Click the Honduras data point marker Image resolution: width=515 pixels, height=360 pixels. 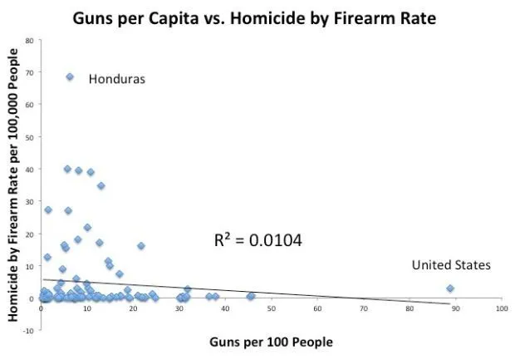(x=70, y=76)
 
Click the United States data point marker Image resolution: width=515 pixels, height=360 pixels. (x=450, y=288)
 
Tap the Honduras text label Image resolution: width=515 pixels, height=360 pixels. (x=117, y=79)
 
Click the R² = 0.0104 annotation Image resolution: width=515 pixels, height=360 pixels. (x=258, y=241)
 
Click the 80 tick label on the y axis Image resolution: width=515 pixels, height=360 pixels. (x=29, y=40)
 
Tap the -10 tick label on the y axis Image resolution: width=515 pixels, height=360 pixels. (x=27, y=330)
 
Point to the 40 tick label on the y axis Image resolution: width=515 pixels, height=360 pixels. (x=29, y=169)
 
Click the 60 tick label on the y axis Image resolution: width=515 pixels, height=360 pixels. (x=29, y=105)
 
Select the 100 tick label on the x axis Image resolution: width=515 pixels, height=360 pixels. (x=500, y=308)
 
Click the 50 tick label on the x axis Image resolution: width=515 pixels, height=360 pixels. (x=272, y=308)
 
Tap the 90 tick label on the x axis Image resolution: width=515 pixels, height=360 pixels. (x=455, y=308)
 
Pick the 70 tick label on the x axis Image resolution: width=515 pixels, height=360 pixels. (x=363, y=308)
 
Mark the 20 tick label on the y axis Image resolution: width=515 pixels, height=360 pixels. (x=29, y=234)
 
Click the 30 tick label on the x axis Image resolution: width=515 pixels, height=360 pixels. (x=179, y=308)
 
